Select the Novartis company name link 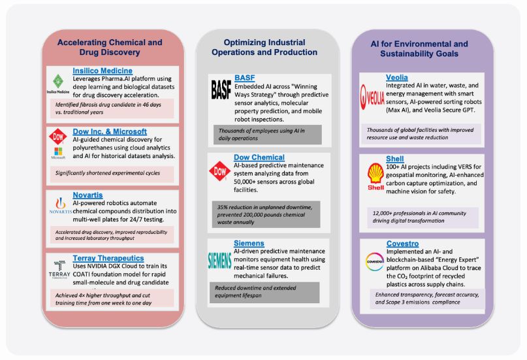[x=89, y=195]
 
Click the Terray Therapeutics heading [x=108, y=258]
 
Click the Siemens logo [x=219, y=257]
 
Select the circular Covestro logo [x=374, y=261]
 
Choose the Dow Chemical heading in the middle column [x=259, y=157]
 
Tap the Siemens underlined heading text [x=249, y=243]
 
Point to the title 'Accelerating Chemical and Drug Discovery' [x=110, y=47]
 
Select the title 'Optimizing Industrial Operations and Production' [x=266, y=47]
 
